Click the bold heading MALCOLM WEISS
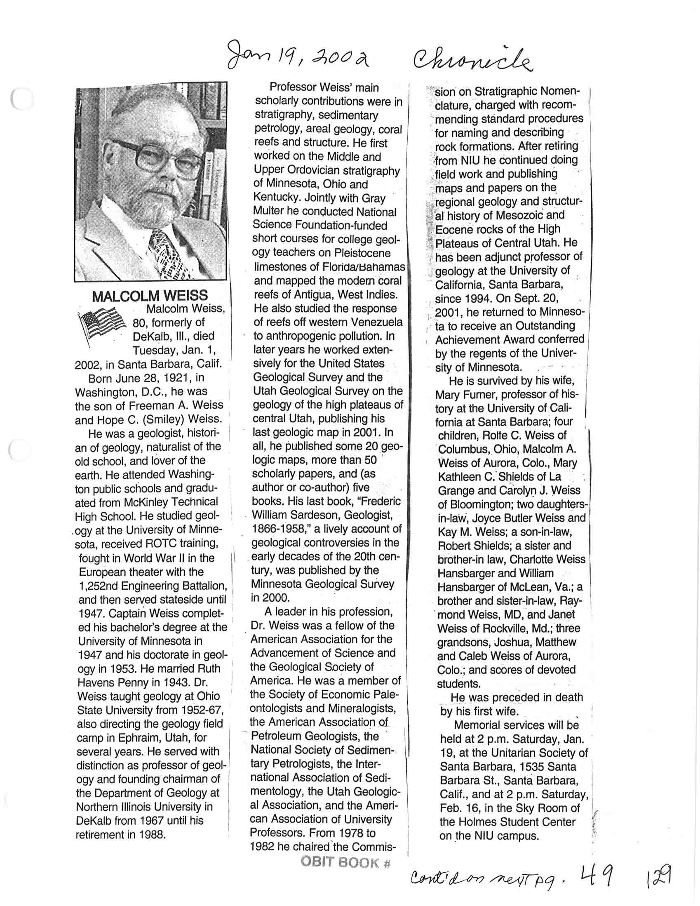tap(150, 296)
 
